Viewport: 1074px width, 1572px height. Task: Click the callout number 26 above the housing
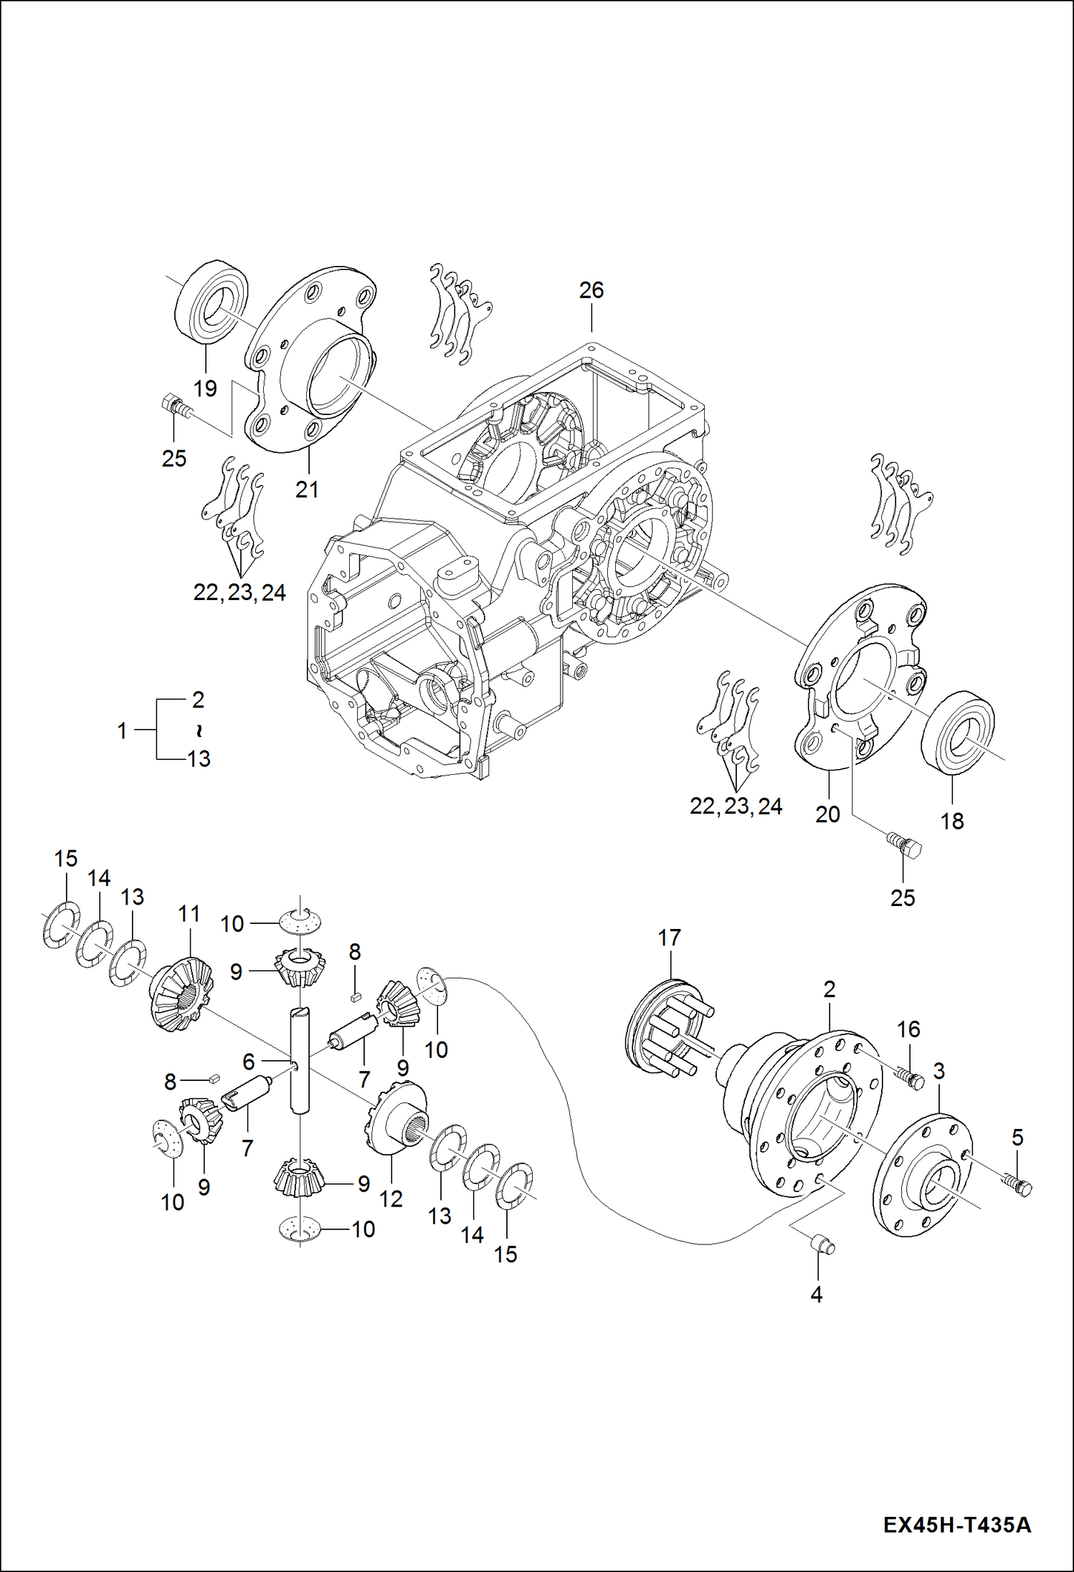coord(591,290)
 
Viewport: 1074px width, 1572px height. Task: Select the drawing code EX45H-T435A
coord(956,1524)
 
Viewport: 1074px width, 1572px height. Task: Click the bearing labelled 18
coord(958,732)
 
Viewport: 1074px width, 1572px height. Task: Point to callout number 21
coord(307,490)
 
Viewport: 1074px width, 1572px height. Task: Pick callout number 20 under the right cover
coord(827,814)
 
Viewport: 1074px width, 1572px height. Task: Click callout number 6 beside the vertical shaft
coord(248,1062)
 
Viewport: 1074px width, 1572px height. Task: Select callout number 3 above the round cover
coord(938,1071)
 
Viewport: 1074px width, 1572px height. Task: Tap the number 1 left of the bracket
coord(122,731)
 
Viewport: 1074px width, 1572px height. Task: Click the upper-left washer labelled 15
coord(61,926)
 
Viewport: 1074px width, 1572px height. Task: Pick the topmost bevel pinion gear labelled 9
coord(300,966)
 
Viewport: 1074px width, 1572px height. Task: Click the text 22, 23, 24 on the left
coord(239,593)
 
